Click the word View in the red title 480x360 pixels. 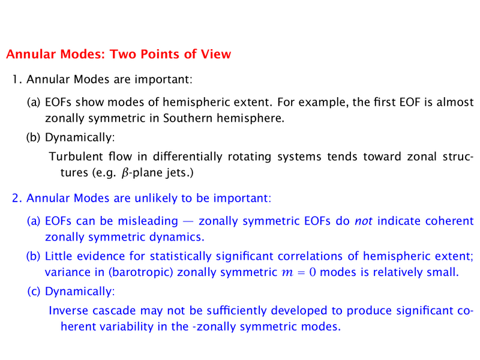215,54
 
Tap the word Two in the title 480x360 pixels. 122,54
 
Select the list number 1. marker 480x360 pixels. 17,79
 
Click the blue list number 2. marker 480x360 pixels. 17,198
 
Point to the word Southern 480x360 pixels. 187,118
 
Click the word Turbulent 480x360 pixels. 76,157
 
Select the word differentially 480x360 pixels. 188,157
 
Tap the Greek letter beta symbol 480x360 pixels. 125,173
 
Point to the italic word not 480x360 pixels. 364,221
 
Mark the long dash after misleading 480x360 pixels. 188,221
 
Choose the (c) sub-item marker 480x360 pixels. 34,292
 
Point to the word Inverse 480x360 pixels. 68,311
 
